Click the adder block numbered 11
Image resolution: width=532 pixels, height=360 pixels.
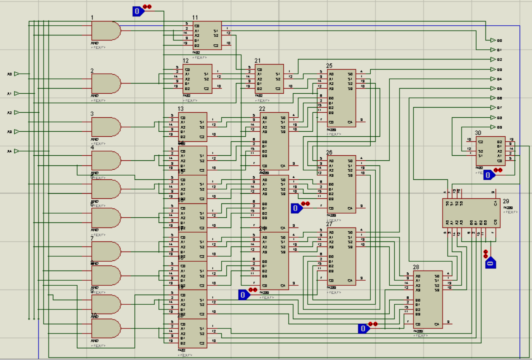tap(207, 35)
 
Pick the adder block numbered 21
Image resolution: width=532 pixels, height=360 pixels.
tap(269, 78)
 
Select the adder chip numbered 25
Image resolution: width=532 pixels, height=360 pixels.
tap(341, 98)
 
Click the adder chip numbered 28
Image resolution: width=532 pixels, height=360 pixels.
tap(428, 299)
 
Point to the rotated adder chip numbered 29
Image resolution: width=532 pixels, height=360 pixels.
tap(471, 212)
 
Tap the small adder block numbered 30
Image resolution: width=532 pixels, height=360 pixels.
tap(490, 151)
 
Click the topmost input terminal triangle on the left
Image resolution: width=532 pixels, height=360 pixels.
tap(16, 74)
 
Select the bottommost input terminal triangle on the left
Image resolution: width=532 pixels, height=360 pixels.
tap(16, 151)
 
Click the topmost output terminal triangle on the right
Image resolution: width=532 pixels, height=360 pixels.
tap(493, 40)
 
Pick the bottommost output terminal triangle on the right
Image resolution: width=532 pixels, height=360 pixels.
tap(493, 127)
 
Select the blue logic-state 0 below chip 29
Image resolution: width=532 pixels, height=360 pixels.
tap(490, 263)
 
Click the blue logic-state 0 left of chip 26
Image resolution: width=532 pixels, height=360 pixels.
tap(296, 208)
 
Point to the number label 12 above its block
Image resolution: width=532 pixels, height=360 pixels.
tap(185, 61)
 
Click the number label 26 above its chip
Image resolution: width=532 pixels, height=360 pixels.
tap(329, 152)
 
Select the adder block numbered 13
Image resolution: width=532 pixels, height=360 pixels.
tap(193, 127)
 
